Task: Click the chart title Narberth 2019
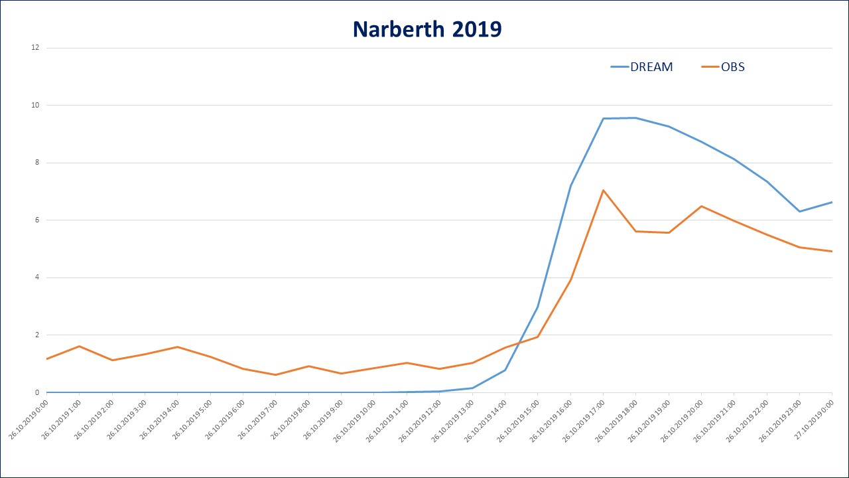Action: (426, 29)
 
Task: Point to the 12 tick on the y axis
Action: (36, 48)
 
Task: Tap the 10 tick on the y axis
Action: (36, 105)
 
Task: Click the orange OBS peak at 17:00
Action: (603, 191)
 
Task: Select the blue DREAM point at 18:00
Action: (635, 118)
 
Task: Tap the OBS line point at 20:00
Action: (701, 206)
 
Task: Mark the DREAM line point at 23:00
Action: (799, 211)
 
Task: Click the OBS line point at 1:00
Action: (79, 347)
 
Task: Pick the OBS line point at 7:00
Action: (275, 374)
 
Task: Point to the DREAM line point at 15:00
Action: (537, 307)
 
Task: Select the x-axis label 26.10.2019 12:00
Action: (423, 421)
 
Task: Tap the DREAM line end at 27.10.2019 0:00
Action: (832, 202)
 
